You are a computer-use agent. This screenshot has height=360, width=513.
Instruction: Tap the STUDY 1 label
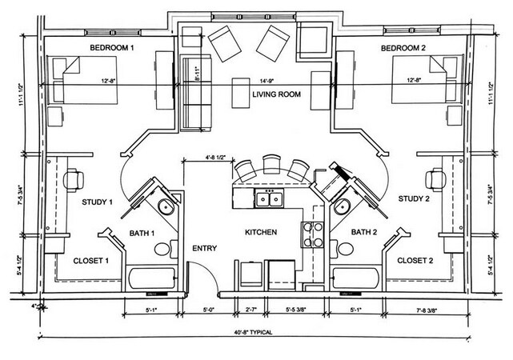pyautogui.click(x=98, y=202)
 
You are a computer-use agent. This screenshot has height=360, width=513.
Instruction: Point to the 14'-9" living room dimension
pyautogui.click(x=267, y=79)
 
